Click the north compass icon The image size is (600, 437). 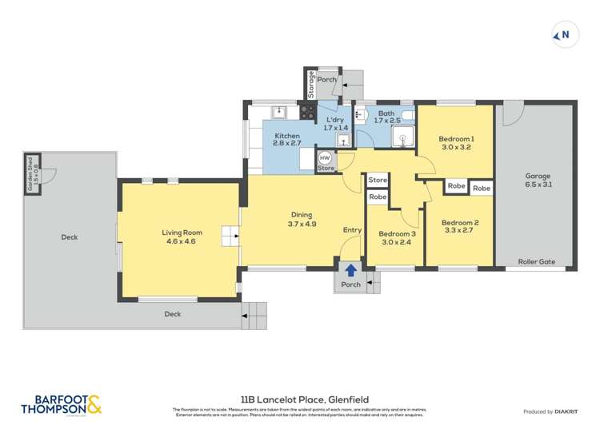562,34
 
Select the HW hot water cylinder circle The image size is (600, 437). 326,157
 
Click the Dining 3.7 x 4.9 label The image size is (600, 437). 302,219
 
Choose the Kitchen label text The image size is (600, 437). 286,141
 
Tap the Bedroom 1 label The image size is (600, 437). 455,142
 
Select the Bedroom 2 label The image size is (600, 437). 460,227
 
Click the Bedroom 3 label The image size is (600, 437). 395,237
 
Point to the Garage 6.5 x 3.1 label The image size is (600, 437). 538,179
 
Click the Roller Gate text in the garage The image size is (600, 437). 536,260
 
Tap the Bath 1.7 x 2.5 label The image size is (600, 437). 386,118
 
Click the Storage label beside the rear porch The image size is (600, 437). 311,85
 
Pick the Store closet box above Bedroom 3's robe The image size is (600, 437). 378,180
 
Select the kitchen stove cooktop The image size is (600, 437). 308,112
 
